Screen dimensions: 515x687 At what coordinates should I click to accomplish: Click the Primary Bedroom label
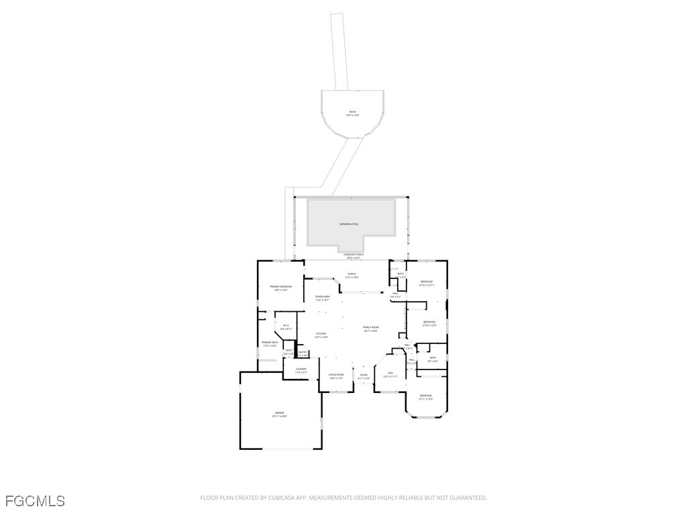[280, 288]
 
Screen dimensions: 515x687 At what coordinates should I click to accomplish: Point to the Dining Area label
[322, 298]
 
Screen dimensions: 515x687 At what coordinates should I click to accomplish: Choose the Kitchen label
[321, 335]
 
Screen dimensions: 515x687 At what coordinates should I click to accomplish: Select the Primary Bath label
[270, 343]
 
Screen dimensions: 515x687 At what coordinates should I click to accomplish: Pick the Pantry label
[303, 353]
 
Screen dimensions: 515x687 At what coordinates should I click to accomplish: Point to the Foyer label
[364, 376]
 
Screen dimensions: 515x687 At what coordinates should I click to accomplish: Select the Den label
[390, 374]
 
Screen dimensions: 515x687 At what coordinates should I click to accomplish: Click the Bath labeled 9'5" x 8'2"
[433, 359]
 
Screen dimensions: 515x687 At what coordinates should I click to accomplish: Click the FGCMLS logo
[35, 500]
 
